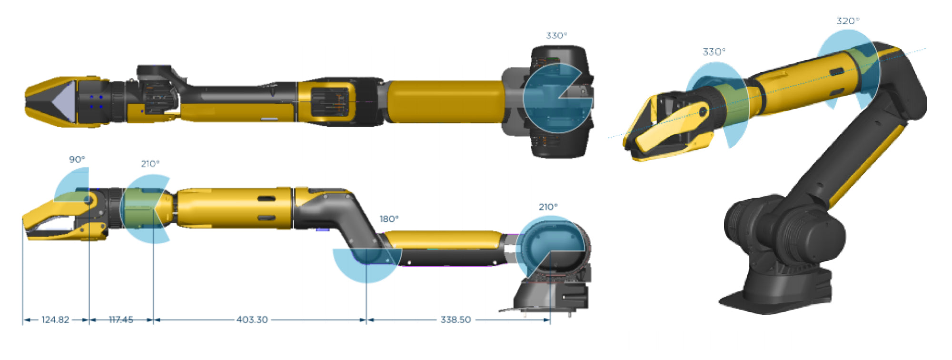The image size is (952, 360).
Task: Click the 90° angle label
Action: tap(77, 159)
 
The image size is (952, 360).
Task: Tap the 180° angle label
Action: tap(389, 219)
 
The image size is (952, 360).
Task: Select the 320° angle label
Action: tap(848, 21)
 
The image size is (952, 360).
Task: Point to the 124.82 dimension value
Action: tap(55, 320)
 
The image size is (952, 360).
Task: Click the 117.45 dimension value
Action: tap(121, 320)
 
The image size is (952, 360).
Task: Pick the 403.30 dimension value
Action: tap(252, 320)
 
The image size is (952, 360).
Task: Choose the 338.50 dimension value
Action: tap(456, 320)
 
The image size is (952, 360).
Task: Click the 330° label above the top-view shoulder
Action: tap(556, 36)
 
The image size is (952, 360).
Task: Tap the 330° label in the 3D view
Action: tap(714, 51)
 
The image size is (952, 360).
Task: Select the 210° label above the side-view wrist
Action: tap(150, 164)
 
